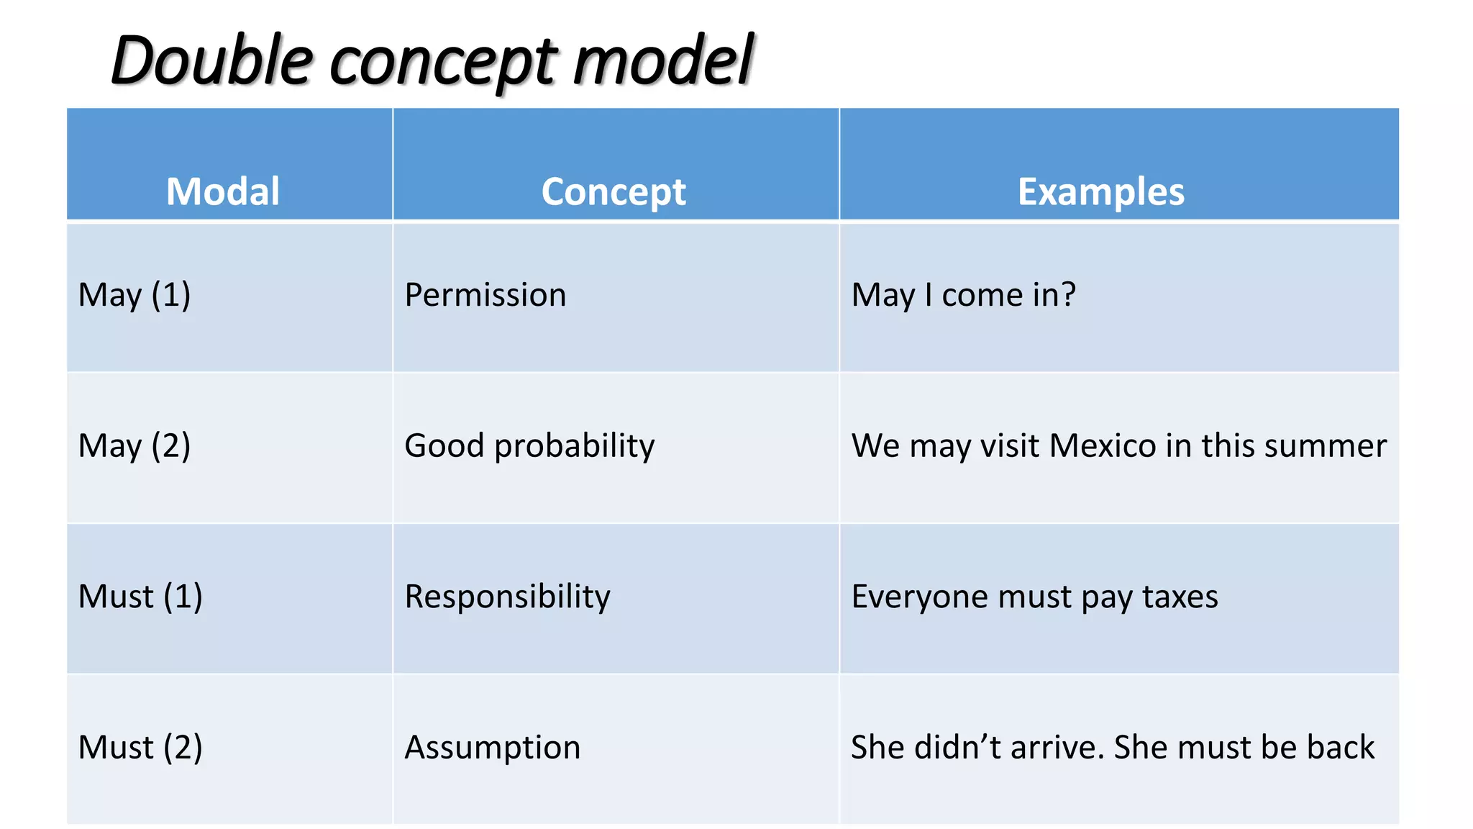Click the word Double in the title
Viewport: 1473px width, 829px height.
(213, 60)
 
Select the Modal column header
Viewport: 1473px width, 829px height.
(223, 191)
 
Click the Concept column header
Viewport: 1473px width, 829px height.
(614, 191)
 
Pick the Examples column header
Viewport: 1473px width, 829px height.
(1100, 191)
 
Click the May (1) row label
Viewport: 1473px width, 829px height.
(134, 295)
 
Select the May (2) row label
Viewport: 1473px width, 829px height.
(134, 445)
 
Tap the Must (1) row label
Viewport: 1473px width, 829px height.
(140, 597)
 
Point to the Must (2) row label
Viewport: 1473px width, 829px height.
(140, 747)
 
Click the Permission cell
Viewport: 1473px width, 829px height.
(485, 295)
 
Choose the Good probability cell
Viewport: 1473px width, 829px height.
(529, 445)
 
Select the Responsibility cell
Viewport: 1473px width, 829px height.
(507, 597)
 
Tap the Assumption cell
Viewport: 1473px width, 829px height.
(493, 747)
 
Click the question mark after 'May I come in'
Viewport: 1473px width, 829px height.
(1068, 294)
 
